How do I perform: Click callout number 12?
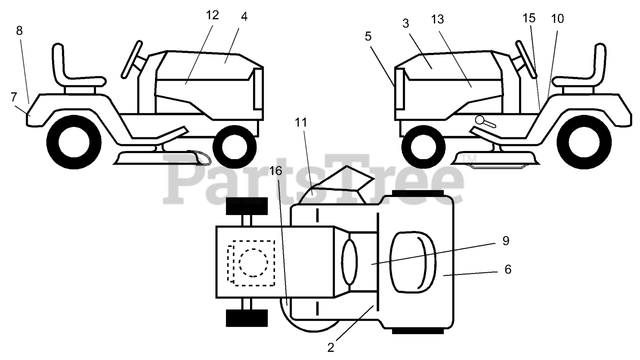(212, 15)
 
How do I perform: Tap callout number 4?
(244, 17)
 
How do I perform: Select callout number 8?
(19, 30)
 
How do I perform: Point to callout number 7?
(13, 97)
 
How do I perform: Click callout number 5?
(368, 36)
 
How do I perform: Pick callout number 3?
(405, 23)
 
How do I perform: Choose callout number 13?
(437, 19)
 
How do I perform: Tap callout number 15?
(529, 18)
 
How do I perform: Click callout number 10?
(557, 19)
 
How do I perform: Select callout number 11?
(300, 122)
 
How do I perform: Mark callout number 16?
(275, 171)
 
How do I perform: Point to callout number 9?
(505, 241)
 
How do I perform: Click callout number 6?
(507, 269)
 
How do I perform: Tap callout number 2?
(330, 347)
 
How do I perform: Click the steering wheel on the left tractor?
(131, 59)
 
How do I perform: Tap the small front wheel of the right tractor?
(423, 147)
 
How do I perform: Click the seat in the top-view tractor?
(413, 261)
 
